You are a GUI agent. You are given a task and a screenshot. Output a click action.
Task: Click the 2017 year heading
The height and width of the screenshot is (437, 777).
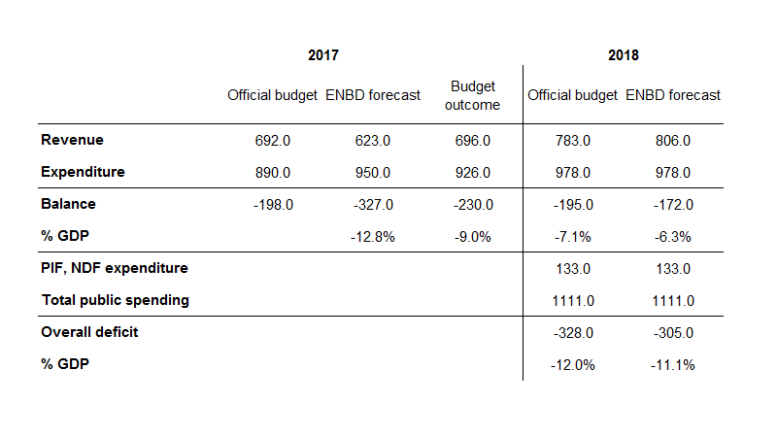pos(323,55)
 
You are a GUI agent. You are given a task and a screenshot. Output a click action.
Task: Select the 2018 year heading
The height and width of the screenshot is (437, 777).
pos(624,55)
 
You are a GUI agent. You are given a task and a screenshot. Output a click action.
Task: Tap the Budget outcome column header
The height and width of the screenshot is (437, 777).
pos(472,95)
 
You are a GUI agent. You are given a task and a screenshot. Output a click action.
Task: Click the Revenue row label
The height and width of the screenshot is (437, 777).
pos(72,141)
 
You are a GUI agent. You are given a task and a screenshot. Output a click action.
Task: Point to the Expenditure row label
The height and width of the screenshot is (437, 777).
pos(83,173)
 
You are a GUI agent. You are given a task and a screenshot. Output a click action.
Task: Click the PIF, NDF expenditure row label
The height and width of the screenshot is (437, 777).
pos(115,268)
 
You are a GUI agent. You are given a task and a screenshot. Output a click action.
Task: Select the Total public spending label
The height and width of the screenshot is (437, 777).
pos(115,300)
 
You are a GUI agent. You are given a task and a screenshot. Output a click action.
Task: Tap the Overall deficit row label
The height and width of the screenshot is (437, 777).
pos(89,332)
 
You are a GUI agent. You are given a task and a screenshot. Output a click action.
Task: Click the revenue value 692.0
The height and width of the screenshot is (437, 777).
pos(272,141)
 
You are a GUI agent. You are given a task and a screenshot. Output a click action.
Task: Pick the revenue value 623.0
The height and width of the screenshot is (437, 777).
pos(373,141)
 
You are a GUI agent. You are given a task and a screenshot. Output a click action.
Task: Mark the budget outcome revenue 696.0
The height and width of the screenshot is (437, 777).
pos(473,141)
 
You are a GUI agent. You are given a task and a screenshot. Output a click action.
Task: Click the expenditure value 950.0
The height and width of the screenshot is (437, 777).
pos(373,173)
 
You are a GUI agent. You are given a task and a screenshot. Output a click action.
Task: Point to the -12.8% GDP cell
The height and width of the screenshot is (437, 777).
pos(374,237)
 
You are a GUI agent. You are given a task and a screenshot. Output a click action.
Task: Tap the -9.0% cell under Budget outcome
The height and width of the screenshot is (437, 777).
pos(474,237)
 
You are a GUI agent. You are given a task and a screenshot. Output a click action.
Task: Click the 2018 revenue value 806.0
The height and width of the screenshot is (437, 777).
pos(673,141)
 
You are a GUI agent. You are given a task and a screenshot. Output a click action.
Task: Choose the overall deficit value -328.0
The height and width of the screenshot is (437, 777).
pos(571,332)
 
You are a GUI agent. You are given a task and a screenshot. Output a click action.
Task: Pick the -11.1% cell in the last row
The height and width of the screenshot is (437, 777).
pos(674,364)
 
